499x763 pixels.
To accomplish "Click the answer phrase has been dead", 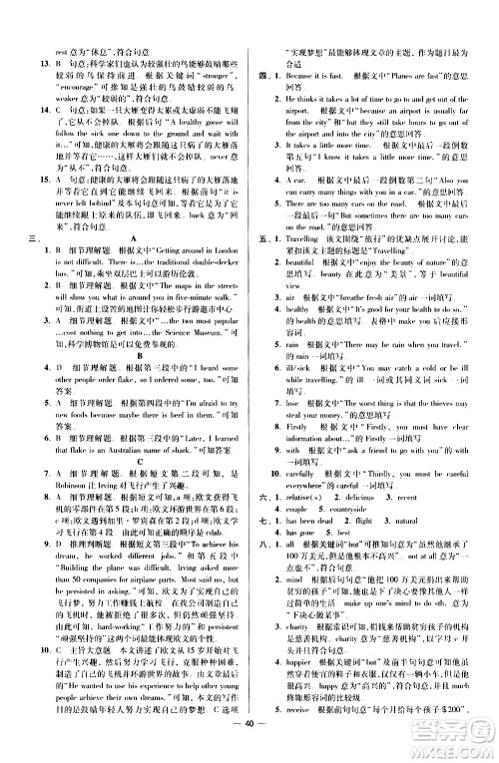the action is coord(306,493).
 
